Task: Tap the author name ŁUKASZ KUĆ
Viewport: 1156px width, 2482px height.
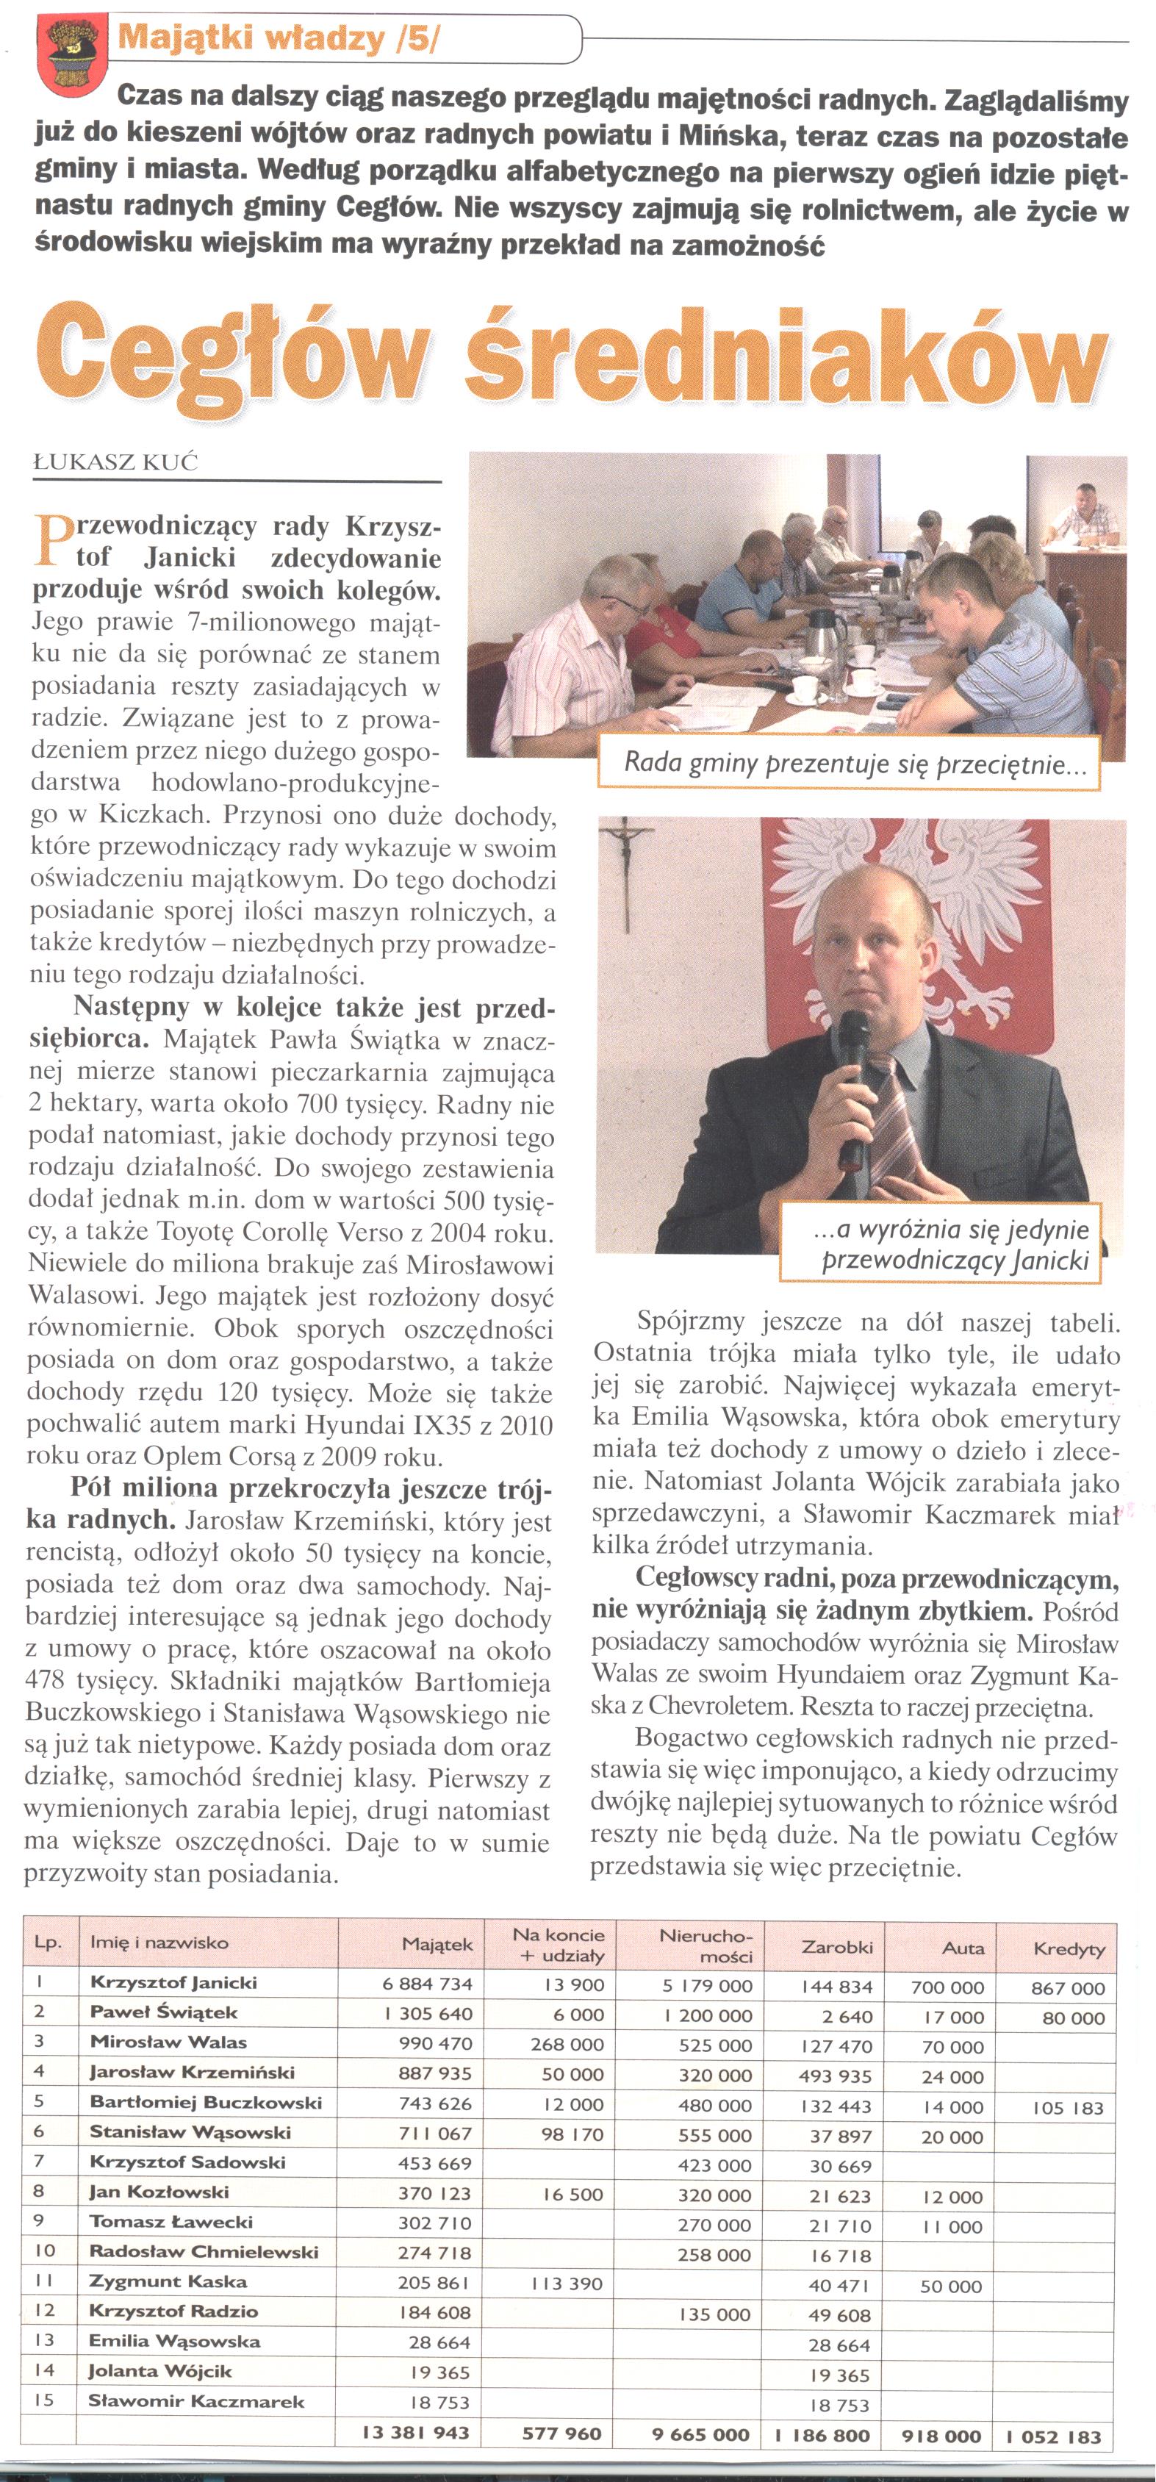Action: tap(115, 462)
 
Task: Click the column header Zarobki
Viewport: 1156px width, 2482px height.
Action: tap(836, 1947)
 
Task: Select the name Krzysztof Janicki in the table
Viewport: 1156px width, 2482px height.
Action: tap(173, 1983)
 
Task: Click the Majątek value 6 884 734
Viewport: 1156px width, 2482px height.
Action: tap(427, 1984)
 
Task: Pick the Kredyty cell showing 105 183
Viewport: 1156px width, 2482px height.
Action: tap(1067, 2107)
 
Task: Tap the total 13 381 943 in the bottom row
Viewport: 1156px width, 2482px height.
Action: tap(415, 2433)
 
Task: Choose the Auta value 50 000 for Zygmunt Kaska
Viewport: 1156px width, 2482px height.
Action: tap(951, 2286)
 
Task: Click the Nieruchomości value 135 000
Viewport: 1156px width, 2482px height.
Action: tap(714, 2314)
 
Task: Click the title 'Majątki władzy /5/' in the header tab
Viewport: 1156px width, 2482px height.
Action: tap(279, 38)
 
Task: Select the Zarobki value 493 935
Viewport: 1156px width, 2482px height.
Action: tap(834, 2076)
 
